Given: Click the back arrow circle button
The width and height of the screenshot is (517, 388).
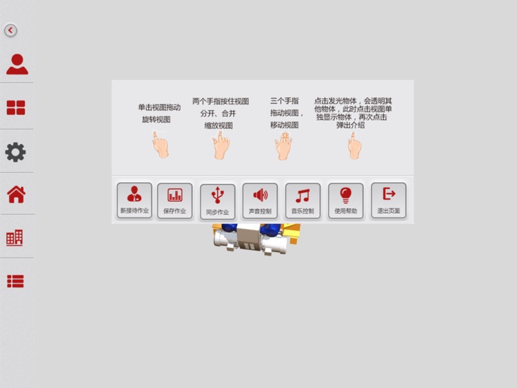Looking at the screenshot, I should click(10, 30).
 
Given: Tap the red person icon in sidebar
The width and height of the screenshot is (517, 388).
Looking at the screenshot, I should click(17, 64).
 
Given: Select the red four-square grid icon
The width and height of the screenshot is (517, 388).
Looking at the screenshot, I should click(16, 108).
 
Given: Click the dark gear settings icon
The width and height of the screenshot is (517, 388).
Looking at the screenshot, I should click(15, 152).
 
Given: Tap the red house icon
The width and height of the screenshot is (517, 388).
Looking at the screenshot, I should click(16, 194).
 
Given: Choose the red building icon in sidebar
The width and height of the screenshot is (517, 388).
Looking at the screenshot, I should click(14, 238).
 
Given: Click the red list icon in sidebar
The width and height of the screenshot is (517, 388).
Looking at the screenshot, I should click(15, 281).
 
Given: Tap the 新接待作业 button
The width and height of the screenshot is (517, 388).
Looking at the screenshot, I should click(134, 201).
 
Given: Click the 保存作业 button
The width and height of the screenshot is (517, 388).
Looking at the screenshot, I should click(175, 201).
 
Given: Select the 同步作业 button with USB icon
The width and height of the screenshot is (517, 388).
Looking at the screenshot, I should click(217, 201).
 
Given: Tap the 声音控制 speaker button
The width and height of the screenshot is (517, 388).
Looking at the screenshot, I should click(260, 201).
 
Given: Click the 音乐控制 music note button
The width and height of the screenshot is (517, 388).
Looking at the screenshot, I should click(303, 201).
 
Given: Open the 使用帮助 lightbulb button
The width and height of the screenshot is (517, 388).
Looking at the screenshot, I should click(345, 201).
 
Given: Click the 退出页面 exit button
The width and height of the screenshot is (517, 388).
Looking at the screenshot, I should click(388, 201).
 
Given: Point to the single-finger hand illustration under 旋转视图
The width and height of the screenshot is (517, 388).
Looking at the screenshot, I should click(161, 145).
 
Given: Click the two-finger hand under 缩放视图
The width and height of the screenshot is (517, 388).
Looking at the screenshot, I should click(221, 145).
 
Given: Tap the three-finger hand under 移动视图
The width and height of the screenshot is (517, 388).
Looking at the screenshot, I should click(283, 145).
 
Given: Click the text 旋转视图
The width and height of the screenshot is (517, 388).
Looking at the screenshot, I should click(156, 119).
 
